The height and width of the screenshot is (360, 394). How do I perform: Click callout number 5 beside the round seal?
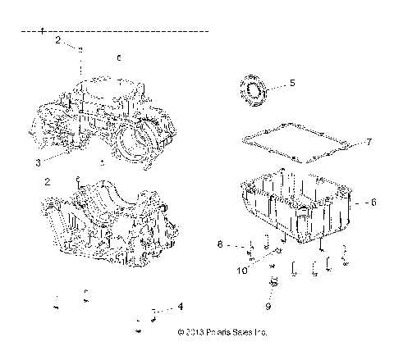click(x=291, y=84)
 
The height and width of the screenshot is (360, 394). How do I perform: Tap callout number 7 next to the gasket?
click(x=369, y=142)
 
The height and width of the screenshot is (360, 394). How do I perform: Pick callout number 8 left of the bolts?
click(x=219, y=244)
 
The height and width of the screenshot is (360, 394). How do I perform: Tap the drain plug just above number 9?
click(x=273, y=284)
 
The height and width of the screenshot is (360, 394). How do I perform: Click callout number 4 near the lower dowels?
click(x=180, y=307)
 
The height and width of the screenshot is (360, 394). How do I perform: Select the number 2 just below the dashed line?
click(x=57, y=39)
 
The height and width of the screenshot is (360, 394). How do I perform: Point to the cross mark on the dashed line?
click(x=41, y=30)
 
